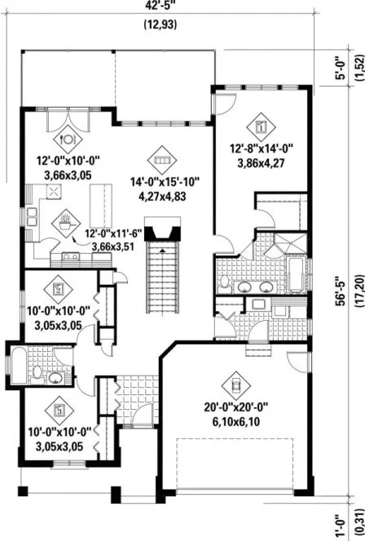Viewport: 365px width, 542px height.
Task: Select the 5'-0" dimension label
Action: click(x=340, y=66)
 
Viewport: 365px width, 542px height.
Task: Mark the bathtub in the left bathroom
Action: click(x=19, y=364)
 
